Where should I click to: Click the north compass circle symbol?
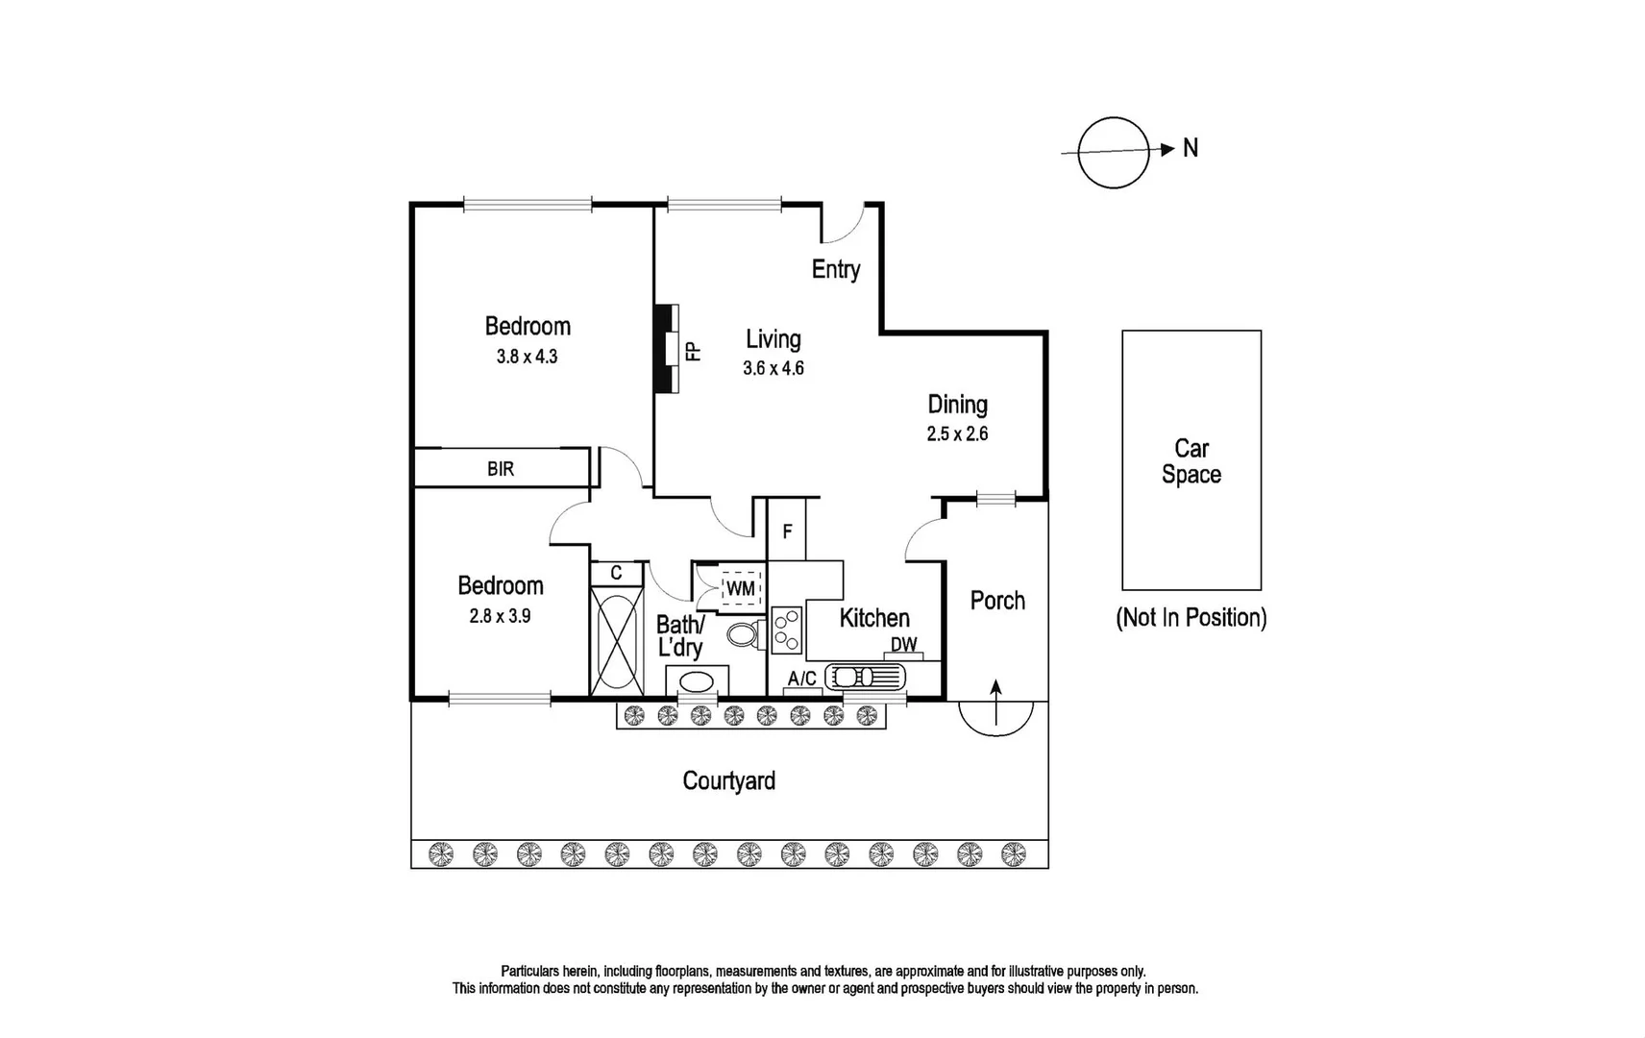(1113, 153)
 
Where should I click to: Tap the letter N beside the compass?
(1191, 148)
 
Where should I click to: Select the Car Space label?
(1191, 461)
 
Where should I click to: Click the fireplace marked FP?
(667, 349)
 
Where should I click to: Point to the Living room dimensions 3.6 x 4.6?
(773, 368)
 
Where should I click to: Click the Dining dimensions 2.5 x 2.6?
(957, 433)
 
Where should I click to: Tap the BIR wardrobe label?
(501, 469)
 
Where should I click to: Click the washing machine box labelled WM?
(740, 587)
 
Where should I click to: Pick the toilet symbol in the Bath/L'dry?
(744, 634)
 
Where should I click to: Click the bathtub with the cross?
(616, 639)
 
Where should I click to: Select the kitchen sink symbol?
(867, 677)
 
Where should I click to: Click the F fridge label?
(787, 531)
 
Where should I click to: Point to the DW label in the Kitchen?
(903, 645)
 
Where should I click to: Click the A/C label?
(801, 679)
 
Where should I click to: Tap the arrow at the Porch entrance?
(996, 703)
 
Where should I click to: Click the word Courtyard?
(728, 780)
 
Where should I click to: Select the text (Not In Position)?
(1191, 617)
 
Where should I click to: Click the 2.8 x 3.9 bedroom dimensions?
(500, 616)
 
